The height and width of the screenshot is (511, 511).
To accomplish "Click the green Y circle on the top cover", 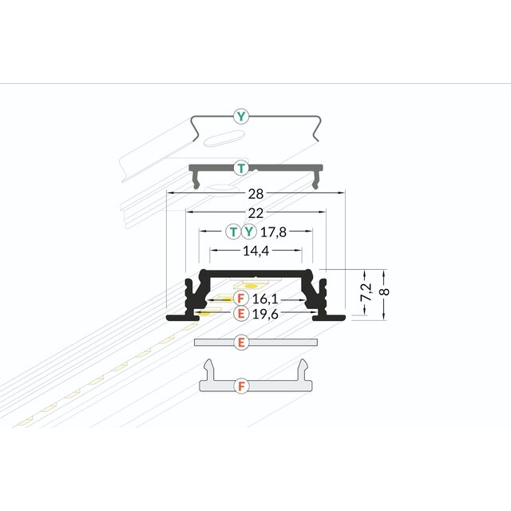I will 242,117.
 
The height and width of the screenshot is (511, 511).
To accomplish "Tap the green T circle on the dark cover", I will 240,168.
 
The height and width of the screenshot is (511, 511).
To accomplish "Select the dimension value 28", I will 255,192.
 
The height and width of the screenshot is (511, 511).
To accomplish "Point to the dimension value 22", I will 255,212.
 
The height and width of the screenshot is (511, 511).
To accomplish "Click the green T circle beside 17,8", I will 233,232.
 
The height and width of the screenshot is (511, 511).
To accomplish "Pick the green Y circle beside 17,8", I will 249,232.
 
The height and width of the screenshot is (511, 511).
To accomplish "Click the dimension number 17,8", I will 272,232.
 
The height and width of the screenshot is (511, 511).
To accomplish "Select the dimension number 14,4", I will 255,251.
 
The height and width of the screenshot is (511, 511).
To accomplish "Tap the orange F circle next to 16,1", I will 240,298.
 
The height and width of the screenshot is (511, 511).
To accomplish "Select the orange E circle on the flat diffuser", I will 240,343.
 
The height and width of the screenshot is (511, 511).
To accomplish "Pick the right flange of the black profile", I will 328,317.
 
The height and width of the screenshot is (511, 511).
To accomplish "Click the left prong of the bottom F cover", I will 208,368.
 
